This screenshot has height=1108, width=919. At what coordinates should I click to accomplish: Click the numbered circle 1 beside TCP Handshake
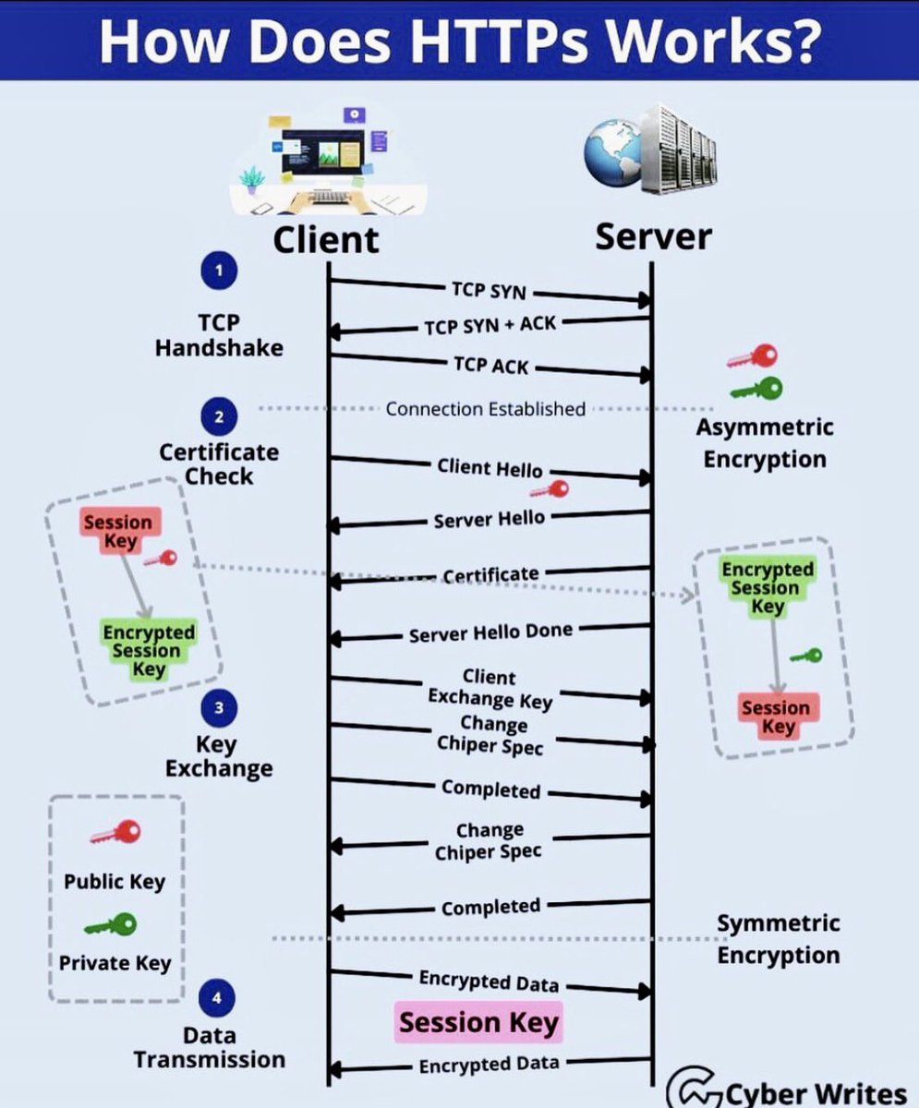pyautogui.click(x=218, y=271)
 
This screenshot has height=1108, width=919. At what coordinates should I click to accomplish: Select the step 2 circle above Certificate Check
pyautogui.click(x=218, y=416)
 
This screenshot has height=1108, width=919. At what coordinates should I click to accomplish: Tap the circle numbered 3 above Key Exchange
pyautogui.click(x=218, y=709)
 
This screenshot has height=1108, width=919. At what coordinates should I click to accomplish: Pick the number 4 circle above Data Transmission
pyautogui.click(x=217, y=998)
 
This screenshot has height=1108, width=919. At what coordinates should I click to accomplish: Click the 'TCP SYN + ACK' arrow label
pyautogui.click(x=490, y=326)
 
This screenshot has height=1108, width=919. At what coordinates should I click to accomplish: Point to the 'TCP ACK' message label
pyautogui.click(x=490, y=366)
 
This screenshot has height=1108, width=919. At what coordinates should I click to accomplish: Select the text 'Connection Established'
pyautogui.click(x=485, y=408)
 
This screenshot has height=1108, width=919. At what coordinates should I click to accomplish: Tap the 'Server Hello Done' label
pyautogui.click(x=490, y=633)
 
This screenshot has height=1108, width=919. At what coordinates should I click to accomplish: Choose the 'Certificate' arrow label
pyautogui.click(x=490, y=575)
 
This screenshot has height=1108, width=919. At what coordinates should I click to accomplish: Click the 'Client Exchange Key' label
pyautogui.click(x=490, y=690)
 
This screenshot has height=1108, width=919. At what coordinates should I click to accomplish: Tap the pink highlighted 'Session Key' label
pyautogui.click(x=478, y=1023)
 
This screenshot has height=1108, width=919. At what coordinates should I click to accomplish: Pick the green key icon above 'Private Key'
pyautogui.click(x=111, y=924)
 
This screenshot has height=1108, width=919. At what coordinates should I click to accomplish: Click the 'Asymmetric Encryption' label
pyautogui.click(x=765, y=443)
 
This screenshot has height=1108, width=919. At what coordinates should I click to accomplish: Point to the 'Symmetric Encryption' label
pyautogui.click(x=778, y=939)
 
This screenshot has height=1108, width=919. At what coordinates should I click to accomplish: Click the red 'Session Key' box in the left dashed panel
pyautogui.click(x=119, y=531)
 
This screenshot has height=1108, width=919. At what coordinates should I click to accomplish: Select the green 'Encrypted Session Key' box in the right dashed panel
pyautogui.click(x=768, y=587)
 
